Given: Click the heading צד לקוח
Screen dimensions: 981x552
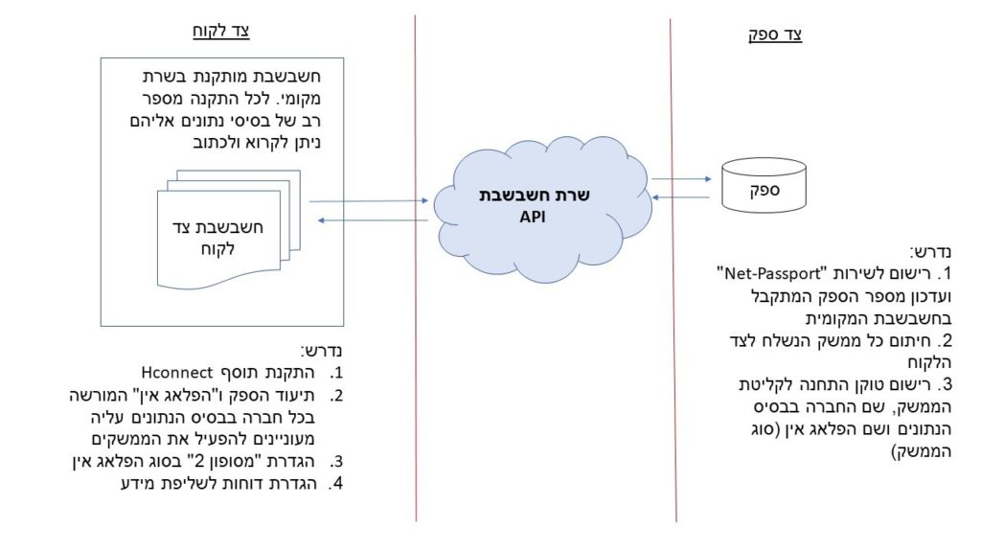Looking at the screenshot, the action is coord(221,31).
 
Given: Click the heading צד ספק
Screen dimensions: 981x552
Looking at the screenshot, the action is coord(775,34).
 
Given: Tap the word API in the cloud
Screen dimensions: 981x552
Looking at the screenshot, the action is coord(533,217).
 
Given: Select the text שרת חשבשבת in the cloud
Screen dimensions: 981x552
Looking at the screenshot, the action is coord(535,195).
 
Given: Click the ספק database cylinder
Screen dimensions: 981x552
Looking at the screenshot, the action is coord(764,185).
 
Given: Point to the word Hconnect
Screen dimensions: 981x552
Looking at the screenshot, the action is coord(177,373).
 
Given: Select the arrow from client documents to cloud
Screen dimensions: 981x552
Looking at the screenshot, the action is coord(369,201).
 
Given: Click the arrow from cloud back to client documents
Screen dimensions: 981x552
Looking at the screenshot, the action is coord(373,220).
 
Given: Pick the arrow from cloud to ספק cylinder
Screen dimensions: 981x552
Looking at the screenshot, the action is coord(681,179).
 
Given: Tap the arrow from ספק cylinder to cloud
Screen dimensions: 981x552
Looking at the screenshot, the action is coord(681,197).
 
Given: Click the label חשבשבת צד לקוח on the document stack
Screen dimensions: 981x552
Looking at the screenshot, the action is coord(217,238).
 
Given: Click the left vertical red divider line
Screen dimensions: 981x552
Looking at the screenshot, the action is coord(416,268).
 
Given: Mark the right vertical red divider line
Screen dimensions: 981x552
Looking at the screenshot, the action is coord(673,270).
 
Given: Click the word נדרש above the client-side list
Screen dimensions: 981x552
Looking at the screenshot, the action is coord(322,351).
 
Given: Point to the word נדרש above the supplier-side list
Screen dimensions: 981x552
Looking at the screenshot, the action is coord(930,252).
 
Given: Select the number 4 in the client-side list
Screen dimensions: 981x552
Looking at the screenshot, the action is coord(336,484).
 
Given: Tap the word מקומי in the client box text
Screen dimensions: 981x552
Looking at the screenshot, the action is coord(298,99).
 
